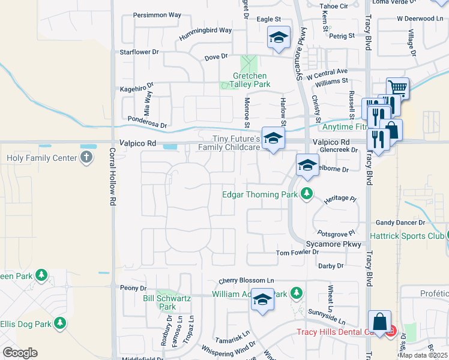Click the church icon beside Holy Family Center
(x=86, y=158)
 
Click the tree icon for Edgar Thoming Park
(x=307, y=193)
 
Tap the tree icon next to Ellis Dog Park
(x=60, y=323)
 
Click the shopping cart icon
(x=397, y=88)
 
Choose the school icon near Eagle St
(x=279, y=37)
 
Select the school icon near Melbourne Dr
(x=307, y=164)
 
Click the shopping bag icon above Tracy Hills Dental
(x=380, y=321)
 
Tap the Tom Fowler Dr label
(x=297, y=253)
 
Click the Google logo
(x=20, y=353)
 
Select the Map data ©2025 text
(x=423, y=355)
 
